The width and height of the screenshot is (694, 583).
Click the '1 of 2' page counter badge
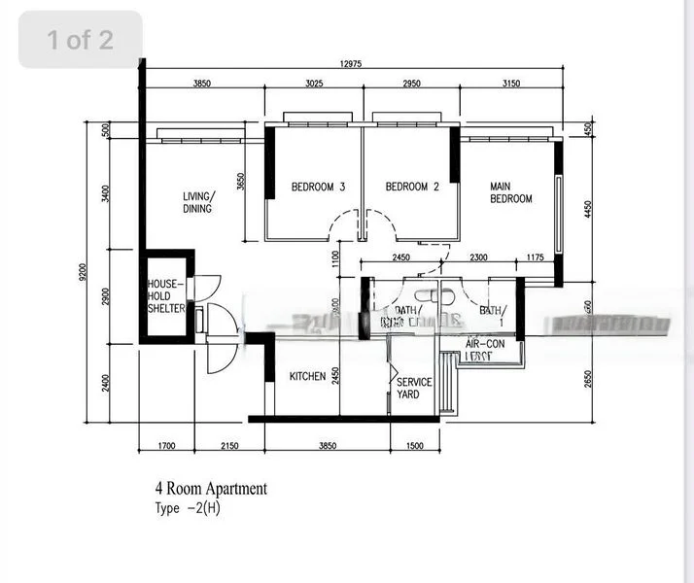click(81, 40)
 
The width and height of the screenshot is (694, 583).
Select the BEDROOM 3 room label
click(318, 188)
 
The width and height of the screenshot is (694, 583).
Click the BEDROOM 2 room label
click(412, 188)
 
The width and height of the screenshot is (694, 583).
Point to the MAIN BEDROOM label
click(510, 192)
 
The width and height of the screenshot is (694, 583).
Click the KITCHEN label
click(307, 377)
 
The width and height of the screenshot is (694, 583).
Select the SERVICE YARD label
click(413, 389)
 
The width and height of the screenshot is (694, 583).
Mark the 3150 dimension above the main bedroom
click(510, 85)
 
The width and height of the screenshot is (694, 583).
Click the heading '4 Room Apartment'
click(210, 489)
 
